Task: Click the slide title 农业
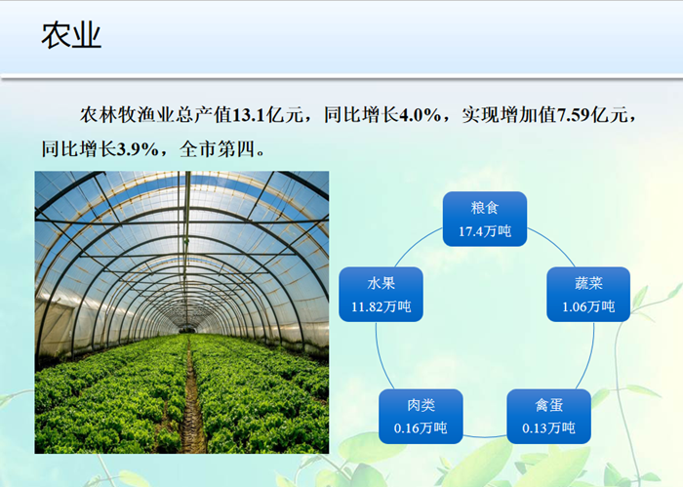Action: tap(71, 35)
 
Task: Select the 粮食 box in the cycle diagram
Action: tap(485, 220)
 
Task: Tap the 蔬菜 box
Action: tap(588, 295)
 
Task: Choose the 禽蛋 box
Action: tap(548, 417)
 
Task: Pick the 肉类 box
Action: tap(421, 417)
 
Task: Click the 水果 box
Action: tap(382, 295)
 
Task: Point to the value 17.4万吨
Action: tap(485, 231)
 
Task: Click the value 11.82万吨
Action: tap(382, 306)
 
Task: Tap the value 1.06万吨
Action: tap(588, 306)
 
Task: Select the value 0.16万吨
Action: tap(421, 428)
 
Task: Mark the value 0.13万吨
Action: tap(548, 428)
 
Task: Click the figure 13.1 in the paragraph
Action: tap(249, 115)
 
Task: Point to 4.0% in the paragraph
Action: tap(420, 115)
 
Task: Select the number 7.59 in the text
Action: tap(574, 115)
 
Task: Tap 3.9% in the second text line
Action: tap(138, 149)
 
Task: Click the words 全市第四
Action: tap(217, 149)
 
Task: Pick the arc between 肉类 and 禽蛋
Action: tap(485, 436)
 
